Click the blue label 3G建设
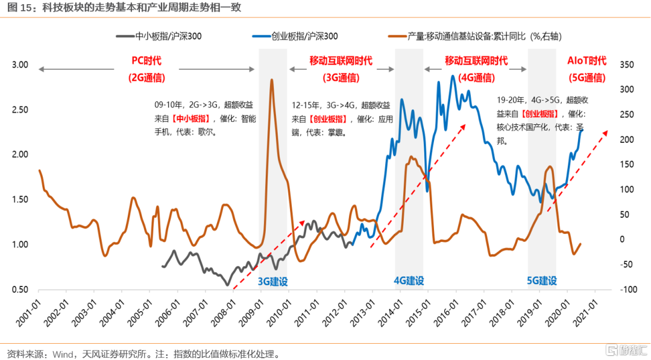272,281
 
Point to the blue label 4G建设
409,281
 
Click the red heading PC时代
147,61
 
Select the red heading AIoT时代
587,61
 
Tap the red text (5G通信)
587,77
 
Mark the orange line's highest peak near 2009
272,80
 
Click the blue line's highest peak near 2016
453,76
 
